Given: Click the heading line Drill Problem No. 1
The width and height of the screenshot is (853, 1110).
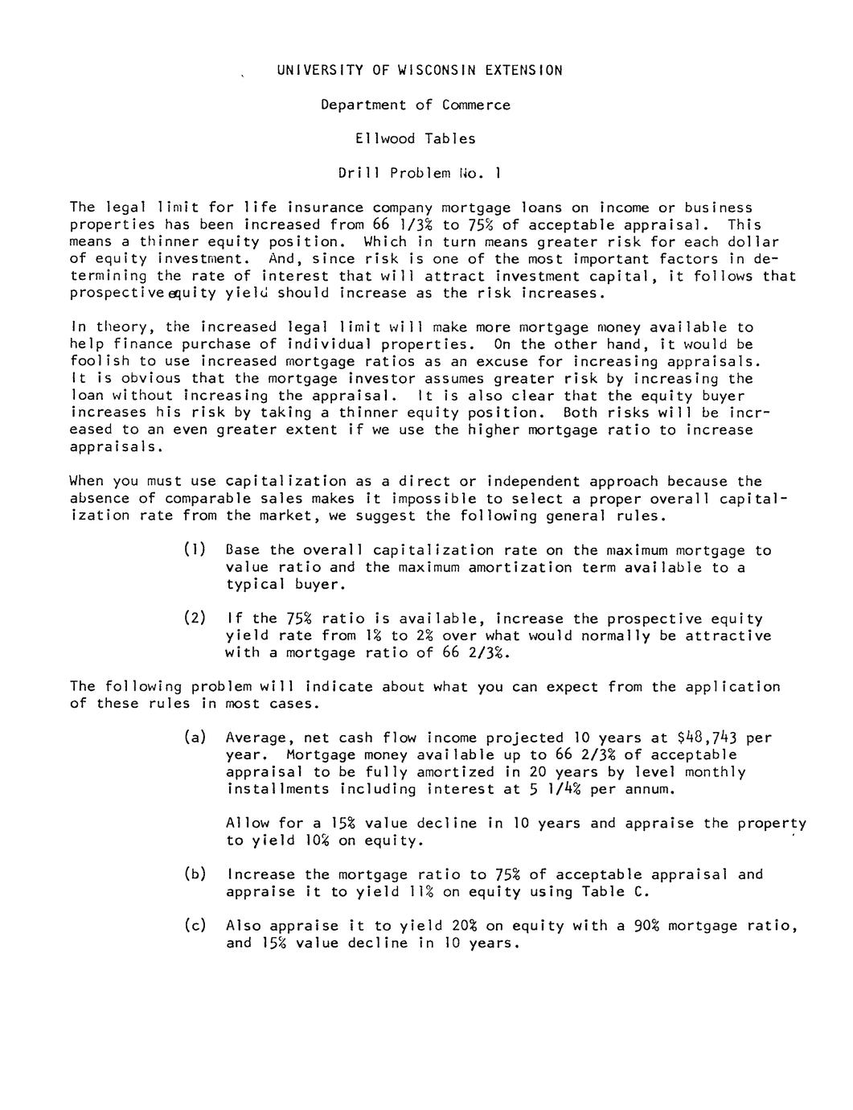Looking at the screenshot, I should click(x=420, y=173).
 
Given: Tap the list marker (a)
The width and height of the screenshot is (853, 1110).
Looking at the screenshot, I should click(x=195, y=738).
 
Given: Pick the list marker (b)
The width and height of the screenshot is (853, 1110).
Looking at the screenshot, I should click(x=195, y=874).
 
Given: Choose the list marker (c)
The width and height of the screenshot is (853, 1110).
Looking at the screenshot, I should click(x=195, y=926).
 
